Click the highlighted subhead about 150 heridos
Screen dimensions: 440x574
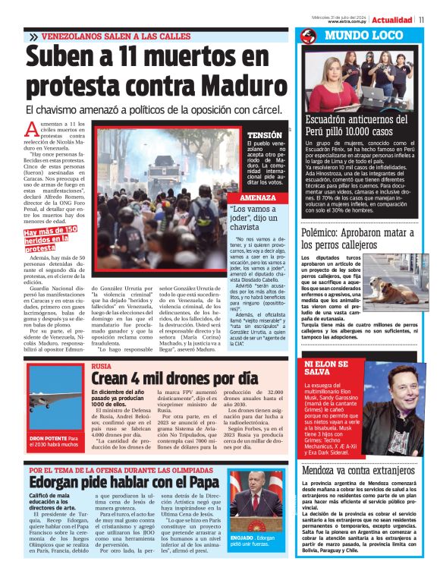tap(52, 238)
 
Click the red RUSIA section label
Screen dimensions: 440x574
tap(100, 366)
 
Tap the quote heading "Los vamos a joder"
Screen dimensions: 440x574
tap(253, 218)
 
